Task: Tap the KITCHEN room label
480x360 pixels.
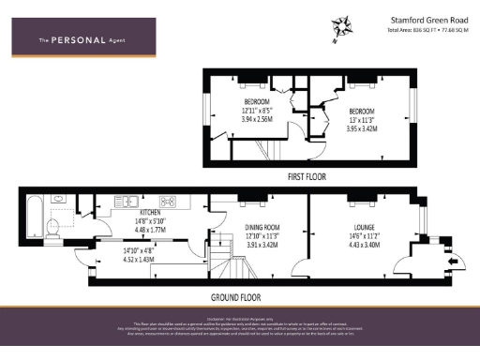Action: (125, 213)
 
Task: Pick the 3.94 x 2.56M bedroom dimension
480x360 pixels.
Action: (256, 120)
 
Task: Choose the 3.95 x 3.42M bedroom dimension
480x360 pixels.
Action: (361, 120)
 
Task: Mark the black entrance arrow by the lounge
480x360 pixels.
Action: (455, 262)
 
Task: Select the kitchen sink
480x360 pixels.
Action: (125, 200)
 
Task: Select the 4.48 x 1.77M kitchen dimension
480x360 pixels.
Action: (125, 228)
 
